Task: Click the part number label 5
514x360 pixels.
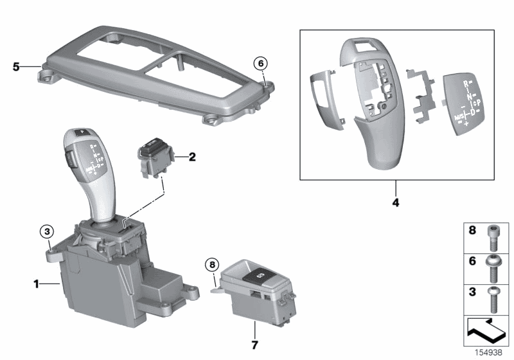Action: click(x=17, y=65)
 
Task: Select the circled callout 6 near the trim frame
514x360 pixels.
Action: click(x=260, y=63)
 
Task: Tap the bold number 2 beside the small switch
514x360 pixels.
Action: click(x=191, y=156)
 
